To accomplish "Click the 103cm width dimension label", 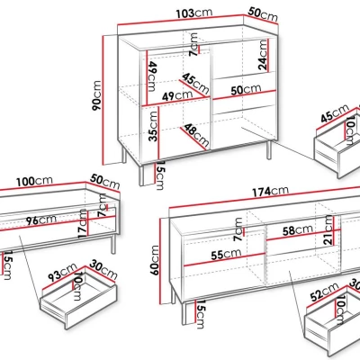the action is [x=194, y=13].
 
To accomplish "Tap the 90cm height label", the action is [x=97, y=95].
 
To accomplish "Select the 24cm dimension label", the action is [x=263, y=55].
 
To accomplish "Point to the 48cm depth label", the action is [x=196, y=134].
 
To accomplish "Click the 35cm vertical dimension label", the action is [x=153, y=126].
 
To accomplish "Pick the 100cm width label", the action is [x=34, y=181].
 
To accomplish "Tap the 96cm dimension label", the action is [x=40, y=220].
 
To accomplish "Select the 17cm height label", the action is [x=83, y=224].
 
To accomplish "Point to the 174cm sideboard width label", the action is [x=270, y=191].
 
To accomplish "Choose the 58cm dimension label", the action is [x=298, y=230].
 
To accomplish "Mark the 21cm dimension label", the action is [x=329, y=230].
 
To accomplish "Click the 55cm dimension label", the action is [x=226, y=255].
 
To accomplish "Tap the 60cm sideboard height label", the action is [x=155, y=260].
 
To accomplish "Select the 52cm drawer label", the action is [x=324, y=292].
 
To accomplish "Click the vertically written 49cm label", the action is [x=152, y=76].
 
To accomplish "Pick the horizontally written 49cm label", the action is [x=177, y=95].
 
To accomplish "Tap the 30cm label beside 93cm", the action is [x=103, y=269].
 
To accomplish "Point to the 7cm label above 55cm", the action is [x=238, y=229].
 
